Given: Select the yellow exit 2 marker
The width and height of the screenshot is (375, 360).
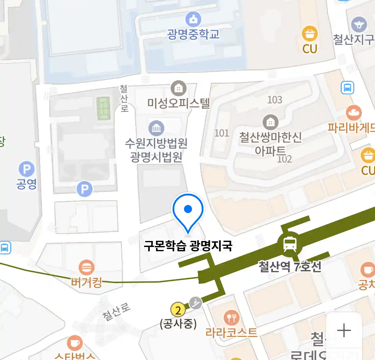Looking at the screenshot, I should tap(178, 310).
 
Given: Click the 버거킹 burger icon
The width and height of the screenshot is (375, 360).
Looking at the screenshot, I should tap(86, 268).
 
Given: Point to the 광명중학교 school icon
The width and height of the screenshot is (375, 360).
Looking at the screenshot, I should tap(193, 20).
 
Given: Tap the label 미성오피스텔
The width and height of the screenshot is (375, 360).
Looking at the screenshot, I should tap(179, 103).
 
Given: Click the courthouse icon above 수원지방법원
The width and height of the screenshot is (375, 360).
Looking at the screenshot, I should tap(156, 128).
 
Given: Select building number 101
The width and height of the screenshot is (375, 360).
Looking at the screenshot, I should tap(222, 133).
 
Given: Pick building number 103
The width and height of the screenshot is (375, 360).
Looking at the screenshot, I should tap(275, 100).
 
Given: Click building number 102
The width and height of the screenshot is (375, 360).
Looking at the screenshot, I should tap(285, 159).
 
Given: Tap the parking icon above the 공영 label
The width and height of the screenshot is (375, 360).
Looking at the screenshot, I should tap(27, 169).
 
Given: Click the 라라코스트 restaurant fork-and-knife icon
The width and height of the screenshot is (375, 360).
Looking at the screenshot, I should tap(231, 318).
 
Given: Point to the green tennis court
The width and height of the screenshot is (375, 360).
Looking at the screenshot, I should tap(104, 108).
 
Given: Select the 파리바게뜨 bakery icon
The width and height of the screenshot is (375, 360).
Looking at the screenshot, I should tap(354, 113).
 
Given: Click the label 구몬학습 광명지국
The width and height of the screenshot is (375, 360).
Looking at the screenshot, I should tap(188, 246).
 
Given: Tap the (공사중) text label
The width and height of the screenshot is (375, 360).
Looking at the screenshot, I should tap(178, 324).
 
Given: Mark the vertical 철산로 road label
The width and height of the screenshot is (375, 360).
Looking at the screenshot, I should tap(124, 98).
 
